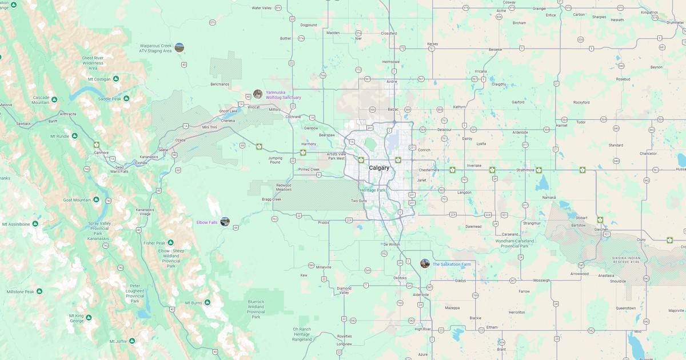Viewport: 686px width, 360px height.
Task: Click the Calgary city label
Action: coord(379,167)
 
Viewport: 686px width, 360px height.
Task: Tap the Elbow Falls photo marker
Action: coord(225,222)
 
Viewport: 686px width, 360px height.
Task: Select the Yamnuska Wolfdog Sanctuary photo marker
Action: coord(258,94)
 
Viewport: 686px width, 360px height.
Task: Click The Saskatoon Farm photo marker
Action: coord(425,263)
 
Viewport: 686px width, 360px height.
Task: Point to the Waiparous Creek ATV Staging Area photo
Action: coord(180,47)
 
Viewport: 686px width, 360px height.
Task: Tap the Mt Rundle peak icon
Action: coord(74,136)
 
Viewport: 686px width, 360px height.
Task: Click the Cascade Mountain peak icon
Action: coord(54,99)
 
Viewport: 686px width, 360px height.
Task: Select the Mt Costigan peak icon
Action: coord(116,79)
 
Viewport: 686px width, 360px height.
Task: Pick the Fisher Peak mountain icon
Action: coord(170,243)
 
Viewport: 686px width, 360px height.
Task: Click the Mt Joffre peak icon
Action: coord(132,341)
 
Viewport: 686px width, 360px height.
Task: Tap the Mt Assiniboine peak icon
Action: coord(35,224)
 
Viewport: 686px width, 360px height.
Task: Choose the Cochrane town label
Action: coord(293,117)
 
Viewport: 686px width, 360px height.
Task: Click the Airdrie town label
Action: coord(392,82)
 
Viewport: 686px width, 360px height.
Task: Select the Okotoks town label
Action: coord(400,278)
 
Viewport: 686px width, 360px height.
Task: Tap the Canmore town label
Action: coord(101,153)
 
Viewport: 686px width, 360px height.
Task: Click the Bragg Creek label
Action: coord(272,199)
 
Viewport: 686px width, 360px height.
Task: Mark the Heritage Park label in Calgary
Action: coord(372,190)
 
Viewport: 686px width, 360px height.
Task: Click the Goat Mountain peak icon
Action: coord(96,200)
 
